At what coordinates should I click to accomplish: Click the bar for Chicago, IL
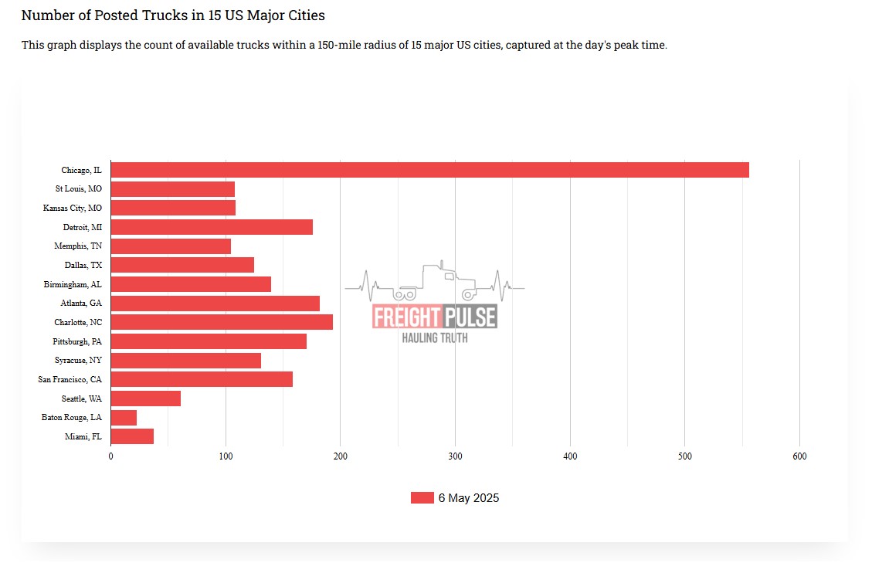(x=429, y=170)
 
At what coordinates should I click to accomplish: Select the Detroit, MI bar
(x=212, y=227)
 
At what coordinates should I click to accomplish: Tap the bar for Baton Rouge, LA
(x=124, y=418)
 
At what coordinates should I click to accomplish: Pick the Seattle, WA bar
(x=145, y=399)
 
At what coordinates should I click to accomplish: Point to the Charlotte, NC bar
(x=222, y=322)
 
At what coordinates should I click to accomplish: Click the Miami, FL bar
(x=132, y=436)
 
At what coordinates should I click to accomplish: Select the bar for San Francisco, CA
(x=202, y=379)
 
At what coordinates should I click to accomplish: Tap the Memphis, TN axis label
(x=78, y=246)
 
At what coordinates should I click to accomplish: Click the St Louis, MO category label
(x=78, y=189)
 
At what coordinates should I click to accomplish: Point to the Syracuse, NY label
(x=78, y=361)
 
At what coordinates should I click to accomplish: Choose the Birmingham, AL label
(x=73, y=284)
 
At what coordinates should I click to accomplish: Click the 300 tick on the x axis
(x=455, y=457)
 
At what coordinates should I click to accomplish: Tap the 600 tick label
(x=799, y=457)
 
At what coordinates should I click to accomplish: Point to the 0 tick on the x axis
(x=110, y=457)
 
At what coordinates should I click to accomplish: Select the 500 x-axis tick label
(x=684, y=457)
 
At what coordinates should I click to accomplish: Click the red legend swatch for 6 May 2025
(x=422, y=498)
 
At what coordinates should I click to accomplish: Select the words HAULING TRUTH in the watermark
(x=435, y=337)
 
